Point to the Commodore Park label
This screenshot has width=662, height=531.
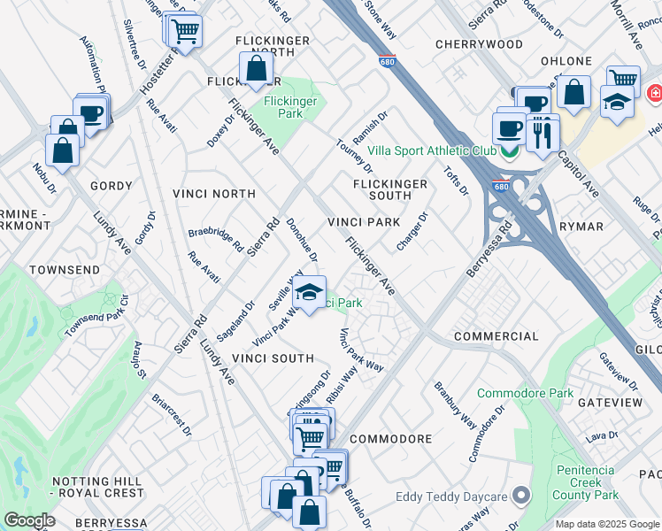click(518, 393)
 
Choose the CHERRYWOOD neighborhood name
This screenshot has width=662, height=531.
click(479, 43)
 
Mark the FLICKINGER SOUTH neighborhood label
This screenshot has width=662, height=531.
click(390, 189)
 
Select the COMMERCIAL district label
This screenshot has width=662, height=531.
click(496, 336)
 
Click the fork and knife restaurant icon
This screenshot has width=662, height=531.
click(542, 135)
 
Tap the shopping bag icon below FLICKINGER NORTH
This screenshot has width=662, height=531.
click(255, 71)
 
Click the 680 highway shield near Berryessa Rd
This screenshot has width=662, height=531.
click(500, 188)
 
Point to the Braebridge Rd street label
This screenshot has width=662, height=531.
click(215, 241)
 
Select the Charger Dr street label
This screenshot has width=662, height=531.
click(412, 231)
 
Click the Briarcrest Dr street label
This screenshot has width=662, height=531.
click(171, 415)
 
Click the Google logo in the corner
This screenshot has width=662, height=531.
click(29, 520)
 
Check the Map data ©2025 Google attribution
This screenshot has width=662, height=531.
click(607, 523)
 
